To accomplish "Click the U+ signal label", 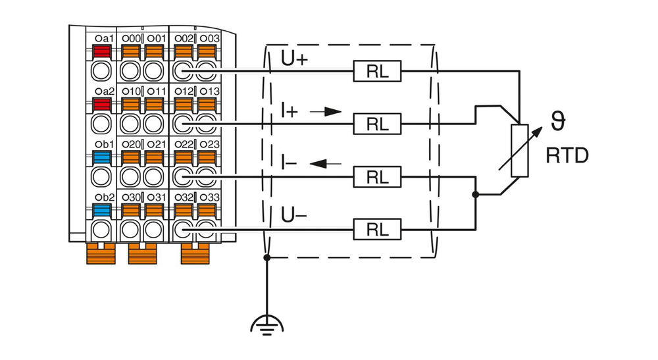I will click(294, 59).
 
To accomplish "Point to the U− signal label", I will click(294, 215).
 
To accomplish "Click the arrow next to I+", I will click(327, 112).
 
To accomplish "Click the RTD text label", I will click(567, 156).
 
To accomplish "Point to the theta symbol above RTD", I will click(558, 122).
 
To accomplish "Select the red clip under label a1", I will click(101, 51).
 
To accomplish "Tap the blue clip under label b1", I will click(101, 157).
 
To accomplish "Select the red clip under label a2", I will click(101, 104).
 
